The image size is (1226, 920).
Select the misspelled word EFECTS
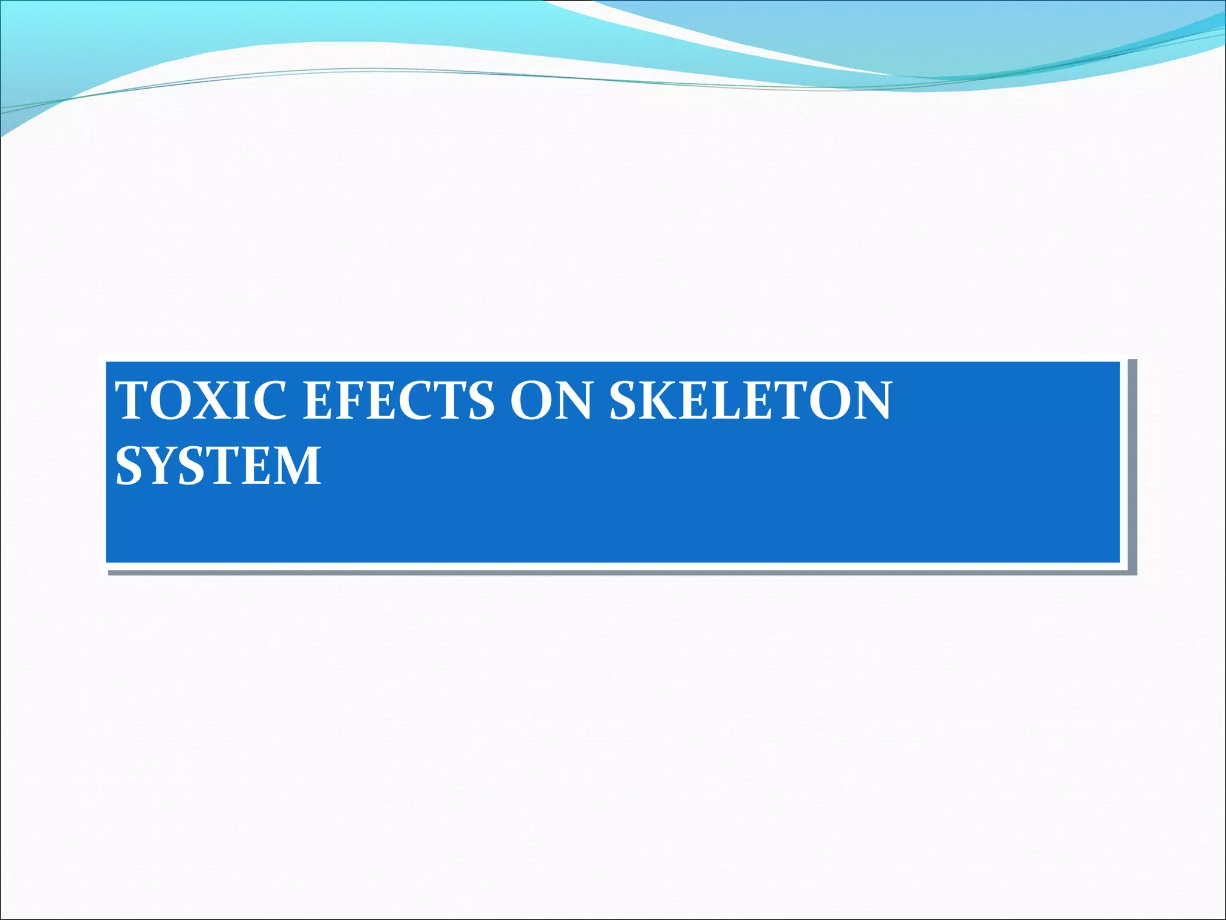[399, 400]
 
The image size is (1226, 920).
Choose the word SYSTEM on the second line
[218, 465]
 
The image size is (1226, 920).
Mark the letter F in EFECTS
[351, 400]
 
